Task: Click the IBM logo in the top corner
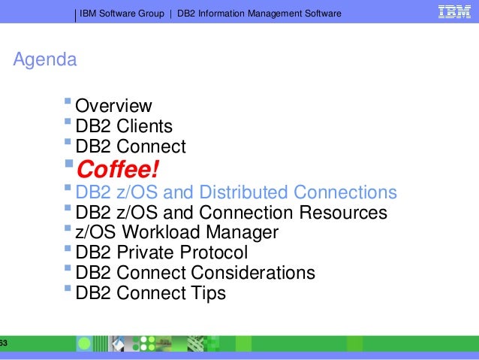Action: coord(455,13)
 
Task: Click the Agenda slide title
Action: coord(45,59)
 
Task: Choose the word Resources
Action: coord(344,213)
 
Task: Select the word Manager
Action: coord(242,233)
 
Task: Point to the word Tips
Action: coord(207,293)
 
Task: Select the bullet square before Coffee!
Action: coord(70,163)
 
